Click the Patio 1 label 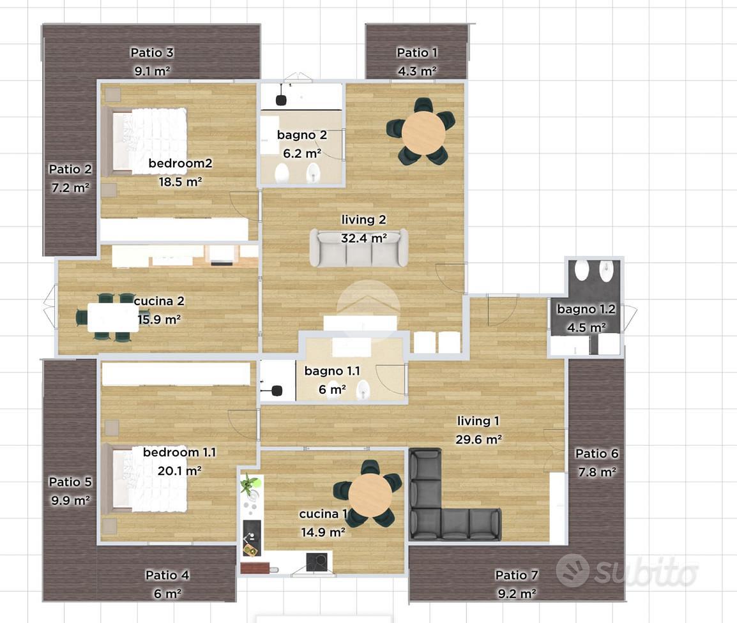pos(417,52)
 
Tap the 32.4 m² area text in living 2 pos(364,238)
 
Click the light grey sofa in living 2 pos(359,248)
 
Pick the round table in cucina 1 pos(370,495)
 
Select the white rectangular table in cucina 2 pos(113,318)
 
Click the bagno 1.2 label pos(586,309)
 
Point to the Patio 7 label pos(516,575)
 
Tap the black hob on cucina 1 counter pos(317,562)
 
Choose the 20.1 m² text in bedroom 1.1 pos(179,471)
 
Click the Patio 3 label pos(152,52)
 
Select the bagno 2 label pos(301,135)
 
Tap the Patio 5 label pos(70,482)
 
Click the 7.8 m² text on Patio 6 pos(597,472)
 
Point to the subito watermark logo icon pos(572,571)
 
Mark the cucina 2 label pos(159,301)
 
